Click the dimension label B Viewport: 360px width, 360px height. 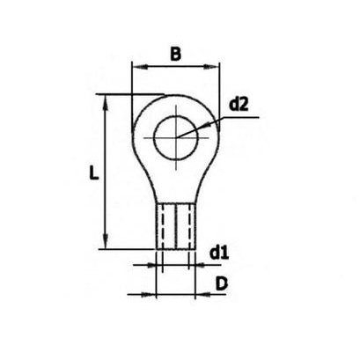[176, 54]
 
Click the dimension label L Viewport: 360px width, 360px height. [93, 173]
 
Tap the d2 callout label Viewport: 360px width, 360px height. [239, 105]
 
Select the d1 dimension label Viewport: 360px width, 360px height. [219, 253]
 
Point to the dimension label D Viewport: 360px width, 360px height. [222, 284]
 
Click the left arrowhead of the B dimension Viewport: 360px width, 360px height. [139, 67]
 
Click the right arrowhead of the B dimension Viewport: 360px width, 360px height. [211, 67]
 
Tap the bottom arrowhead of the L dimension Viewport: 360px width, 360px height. [106, 241]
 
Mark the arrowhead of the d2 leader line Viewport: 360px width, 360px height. [206, 125]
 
